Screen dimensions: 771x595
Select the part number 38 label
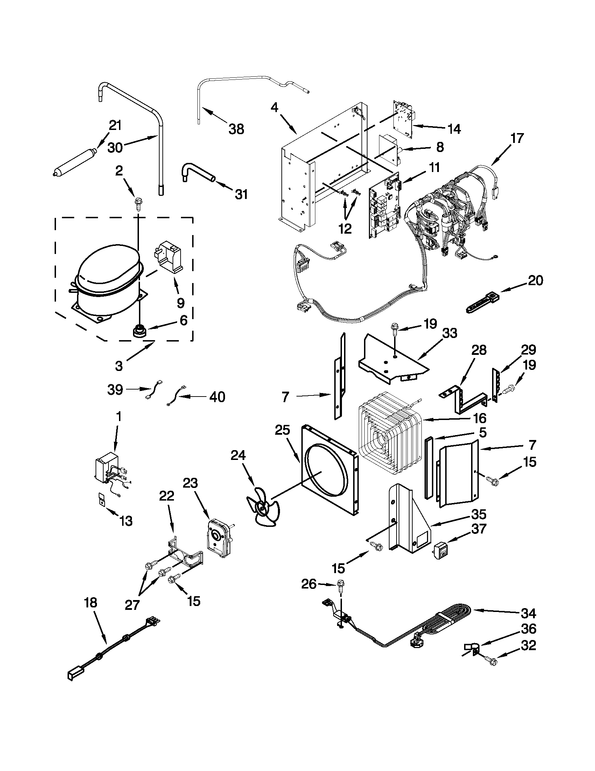(x=236, y=129)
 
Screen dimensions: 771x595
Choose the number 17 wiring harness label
(x=517, y=138)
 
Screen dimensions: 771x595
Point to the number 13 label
(x=126, y=520)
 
